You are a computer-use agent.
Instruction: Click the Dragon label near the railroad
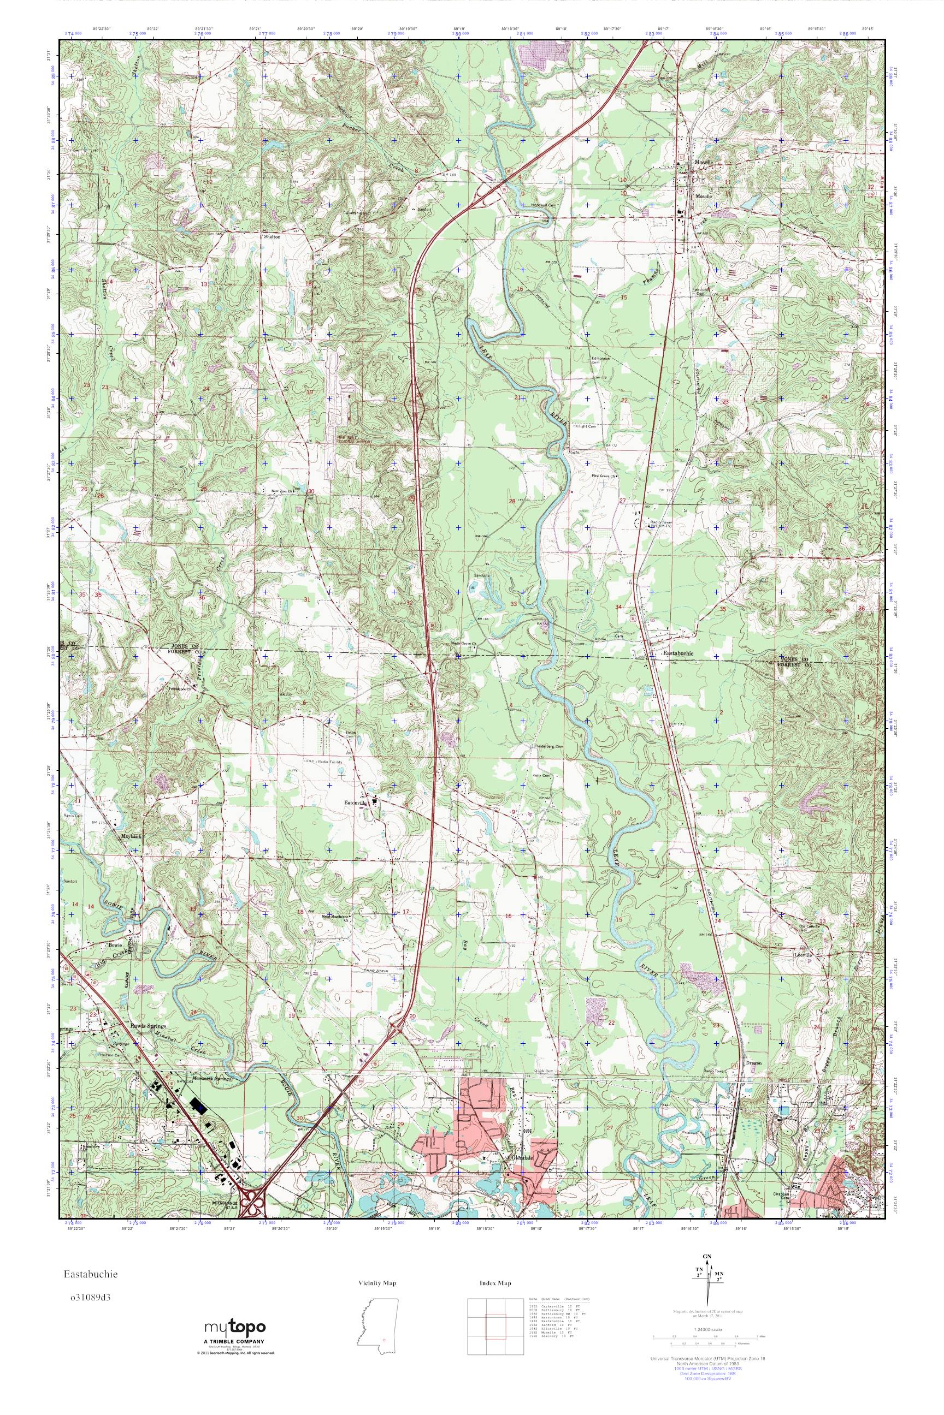[x=753, y=1063]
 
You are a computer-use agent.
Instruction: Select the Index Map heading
[x=495, y=1283]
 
